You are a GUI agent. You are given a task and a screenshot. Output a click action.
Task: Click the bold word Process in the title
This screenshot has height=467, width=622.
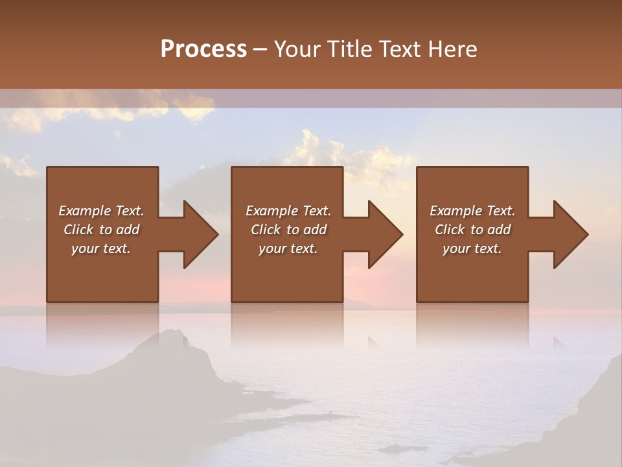click(x=203, y=49)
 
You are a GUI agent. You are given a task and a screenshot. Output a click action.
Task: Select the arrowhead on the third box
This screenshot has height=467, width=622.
click(x=570, y=234)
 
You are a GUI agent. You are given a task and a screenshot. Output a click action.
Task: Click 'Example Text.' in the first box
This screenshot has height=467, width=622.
click(x=101, y=211)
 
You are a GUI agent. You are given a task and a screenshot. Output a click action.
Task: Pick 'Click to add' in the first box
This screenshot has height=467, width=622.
click(x=101, y=230)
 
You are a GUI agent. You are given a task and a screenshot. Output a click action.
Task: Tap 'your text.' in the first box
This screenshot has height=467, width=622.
click(x=101, y=248)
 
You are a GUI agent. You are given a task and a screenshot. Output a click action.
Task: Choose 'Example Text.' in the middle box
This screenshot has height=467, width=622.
click(x=288, y=211)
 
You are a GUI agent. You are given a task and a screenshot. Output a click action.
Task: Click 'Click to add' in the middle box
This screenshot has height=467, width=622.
click(x=288, y=230)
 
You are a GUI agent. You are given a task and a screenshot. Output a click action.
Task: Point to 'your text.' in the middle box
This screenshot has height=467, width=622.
click(x=288, y=248)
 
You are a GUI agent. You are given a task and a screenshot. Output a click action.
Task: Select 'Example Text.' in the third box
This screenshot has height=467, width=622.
click(x=472, y=211)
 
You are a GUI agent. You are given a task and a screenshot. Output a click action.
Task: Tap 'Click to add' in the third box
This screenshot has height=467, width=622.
click(x=472, y=230)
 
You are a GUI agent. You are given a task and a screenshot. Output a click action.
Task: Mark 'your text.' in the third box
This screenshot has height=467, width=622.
click(x=472, y=248)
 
